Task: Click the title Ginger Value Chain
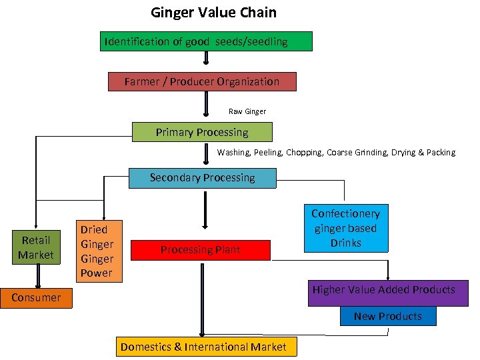tap(213, 13)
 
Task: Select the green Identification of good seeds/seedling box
tap(206, 42)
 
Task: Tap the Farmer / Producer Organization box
tap(201, 82)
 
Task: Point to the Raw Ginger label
tap(247, 111)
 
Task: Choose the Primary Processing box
tap(202, 133)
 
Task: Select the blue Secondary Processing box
tap(202, 178)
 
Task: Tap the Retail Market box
tap(36, 248)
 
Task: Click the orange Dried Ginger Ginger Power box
tap(97, 251)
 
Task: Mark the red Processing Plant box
tap(201, 250)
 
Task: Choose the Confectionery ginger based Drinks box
tap(345, 229)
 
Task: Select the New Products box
tap(388, 316)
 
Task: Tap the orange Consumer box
tap(36, 297)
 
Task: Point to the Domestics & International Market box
tap(203, 347)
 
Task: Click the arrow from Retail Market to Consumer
tap(37, 273)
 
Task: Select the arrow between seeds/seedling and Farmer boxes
tap(206, 59)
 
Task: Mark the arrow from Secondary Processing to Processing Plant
tap(205, 210)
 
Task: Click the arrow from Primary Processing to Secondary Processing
tap(206, 153)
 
